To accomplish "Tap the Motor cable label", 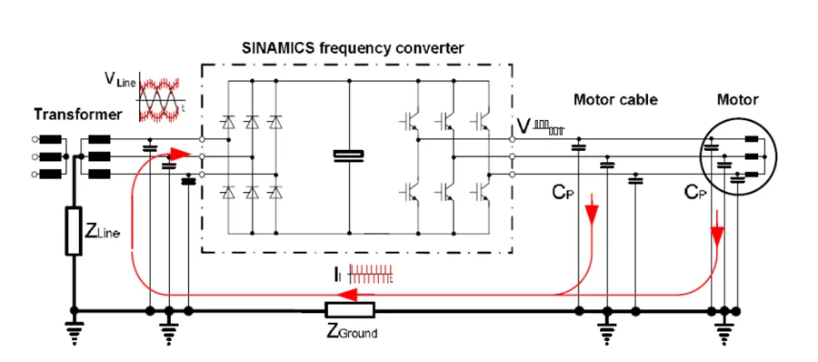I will point(615,100).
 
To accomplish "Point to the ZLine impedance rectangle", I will point(74,231).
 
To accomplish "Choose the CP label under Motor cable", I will point(561,194).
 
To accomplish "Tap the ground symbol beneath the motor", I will point(724,331).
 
